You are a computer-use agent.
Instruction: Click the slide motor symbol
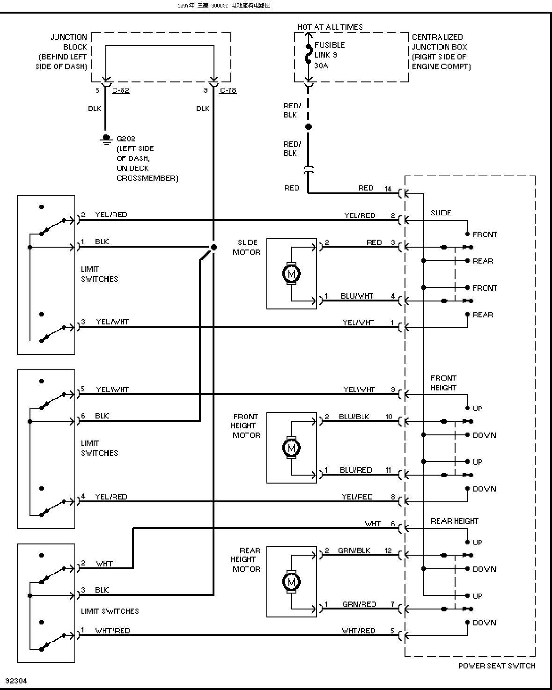point(291,274)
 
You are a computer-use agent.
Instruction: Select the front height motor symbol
point(291,448)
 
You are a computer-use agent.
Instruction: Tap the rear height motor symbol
point(291,582)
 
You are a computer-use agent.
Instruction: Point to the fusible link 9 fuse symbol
point(309,53)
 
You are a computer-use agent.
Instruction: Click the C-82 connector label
point(121,91)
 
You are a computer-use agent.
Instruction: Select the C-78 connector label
point(228,91)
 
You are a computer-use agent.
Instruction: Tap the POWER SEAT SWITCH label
point(496,666)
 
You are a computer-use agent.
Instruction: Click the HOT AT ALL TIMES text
point(330,27)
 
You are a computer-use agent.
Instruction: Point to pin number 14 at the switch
point(388,189)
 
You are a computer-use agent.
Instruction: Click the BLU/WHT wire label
point(357,296)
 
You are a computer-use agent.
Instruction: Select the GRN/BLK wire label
point(354,551)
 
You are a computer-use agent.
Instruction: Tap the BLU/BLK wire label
point(354,417)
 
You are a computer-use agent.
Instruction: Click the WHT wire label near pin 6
point(373,524)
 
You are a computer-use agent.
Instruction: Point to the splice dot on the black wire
point(213,247)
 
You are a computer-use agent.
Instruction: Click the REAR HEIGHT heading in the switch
point(454,521)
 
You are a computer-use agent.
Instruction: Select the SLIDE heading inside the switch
point(441,213)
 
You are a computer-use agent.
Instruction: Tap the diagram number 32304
point(16,681)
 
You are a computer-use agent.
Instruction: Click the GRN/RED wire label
point(359,604)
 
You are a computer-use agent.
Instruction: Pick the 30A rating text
point(321,66)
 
